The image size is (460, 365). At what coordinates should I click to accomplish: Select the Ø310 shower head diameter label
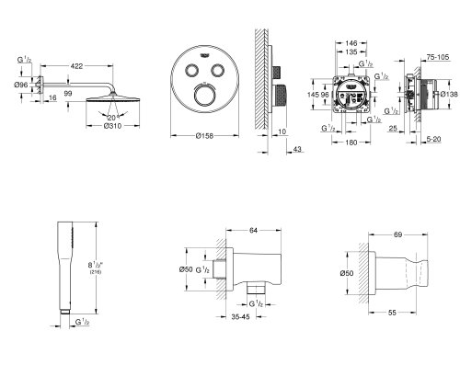pyautogui.click(x=110, y=127)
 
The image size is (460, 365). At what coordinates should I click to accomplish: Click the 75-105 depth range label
pyautogui.click(x=426, y=57)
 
